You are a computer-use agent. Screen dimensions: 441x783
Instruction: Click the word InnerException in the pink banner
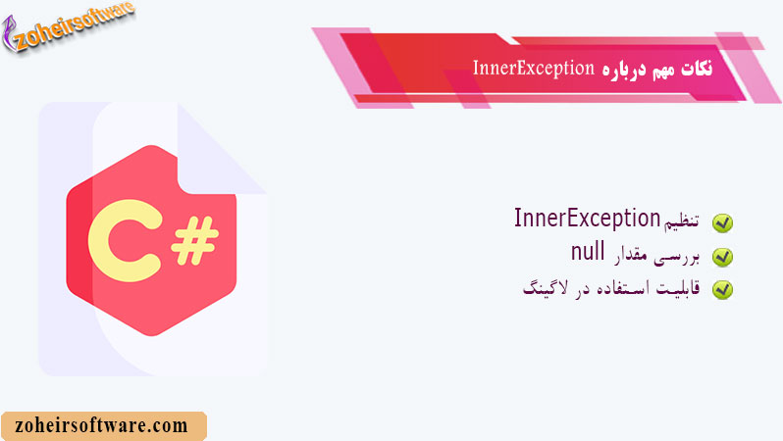(x=533, y=69)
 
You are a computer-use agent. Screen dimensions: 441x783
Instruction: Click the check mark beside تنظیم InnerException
(x=722, y=223)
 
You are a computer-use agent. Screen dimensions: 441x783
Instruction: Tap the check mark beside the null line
(x=722, y=257)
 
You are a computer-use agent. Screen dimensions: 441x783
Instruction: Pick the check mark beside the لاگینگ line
(x=722, y=289)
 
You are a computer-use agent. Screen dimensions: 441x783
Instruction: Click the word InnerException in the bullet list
(x=587, y=219)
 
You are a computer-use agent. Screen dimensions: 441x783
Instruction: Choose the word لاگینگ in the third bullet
(x=545, y=289)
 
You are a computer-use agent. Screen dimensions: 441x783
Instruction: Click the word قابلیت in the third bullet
(x=682, y=288)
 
